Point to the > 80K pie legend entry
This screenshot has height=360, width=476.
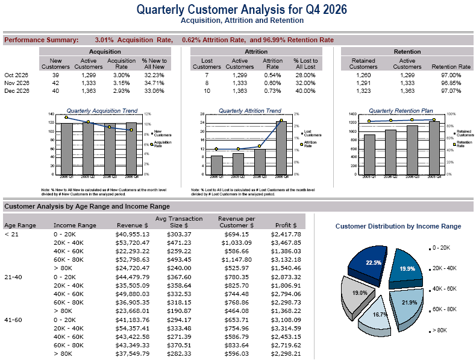tap(440, 330)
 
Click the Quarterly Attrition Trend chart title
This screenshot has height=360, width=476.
tap(249, 111)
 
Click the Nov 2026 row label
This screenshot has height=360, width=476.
tap(16, 83)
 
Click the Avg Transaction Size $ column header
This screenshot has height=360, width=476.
tap(179, 222)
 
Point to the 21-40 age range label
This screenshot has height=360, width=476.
tap(13, 277)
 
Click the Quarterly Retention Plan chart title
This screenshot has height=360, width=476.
tap(401, 111)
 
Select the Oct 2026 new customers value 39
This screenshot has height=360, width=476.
tap(55, 74)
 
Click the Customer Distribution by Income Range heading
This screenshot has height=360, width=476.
tap(398, 226)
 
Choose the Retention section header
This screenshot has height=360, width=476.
tap(407, 52)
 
